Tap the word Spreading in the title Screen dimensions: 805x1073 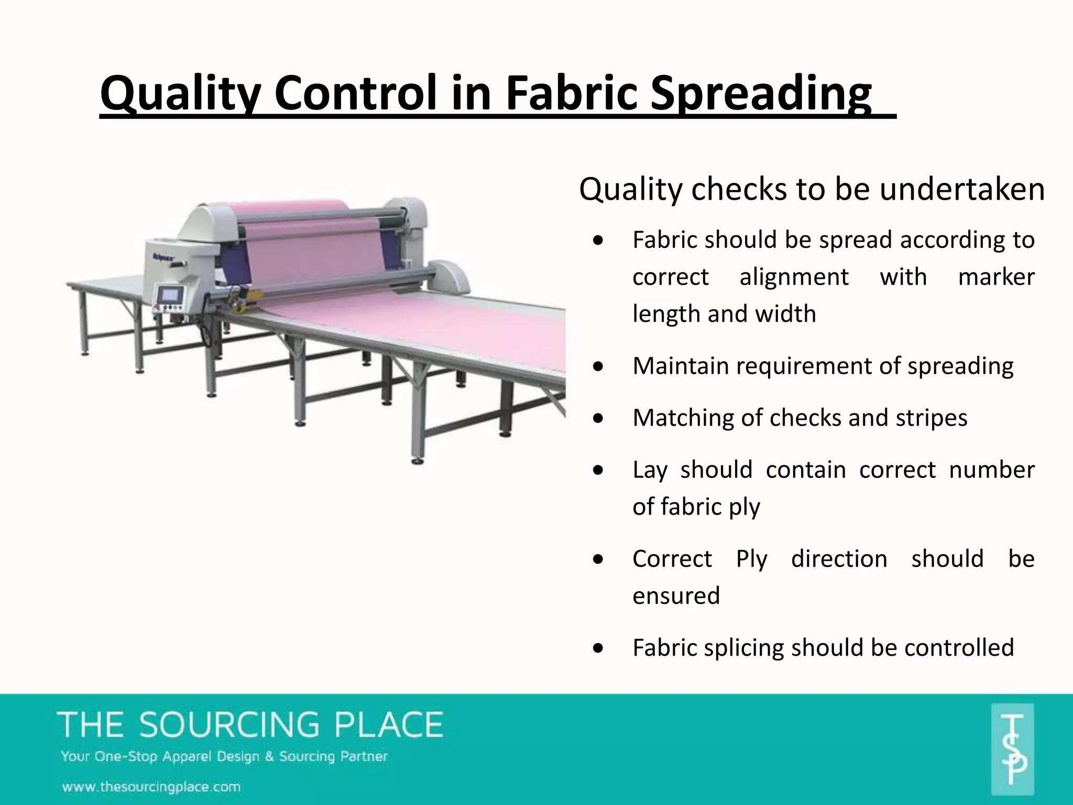761,94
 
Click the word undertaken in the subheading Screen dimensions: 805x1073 962,189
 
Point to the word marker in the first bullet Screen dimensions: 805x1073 996,277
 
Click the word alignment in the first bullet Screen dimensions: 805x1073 794,277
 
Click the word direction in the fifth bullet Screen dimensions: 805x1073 839,559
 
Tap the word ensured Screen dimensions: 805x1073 676,596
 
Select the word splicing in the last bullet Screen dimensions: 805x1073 744,648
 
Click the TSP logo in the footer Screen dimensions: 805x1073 1012,749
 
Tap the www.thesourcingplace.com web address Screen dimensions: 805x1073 151,787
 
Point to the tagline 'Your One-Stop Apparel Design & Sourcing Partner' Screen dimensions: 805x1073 224,757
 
